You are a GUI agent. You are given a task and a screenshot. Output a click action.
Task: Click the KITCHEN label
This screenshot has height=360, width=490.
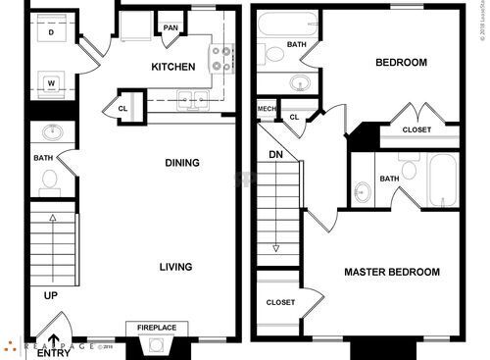pyautogui.click(x=172, y=67)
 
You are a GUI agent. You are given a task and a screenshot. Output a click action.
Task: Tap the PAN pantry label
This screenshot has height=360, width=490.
pyautogui.click(x=171, y=27)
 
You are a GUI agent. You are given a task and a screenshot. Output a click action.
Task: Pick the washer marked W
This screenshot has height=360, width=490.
pyautogui.click(x=50, y=83)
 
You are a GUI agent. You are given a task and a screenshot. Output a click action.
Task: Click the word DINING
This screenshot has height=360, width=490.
pyautogui.click(x=182, y=163)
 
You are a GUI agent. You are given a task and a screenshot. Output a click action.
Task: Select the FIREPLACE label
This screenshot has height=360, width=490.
pyautogui.click(x=156, y=328)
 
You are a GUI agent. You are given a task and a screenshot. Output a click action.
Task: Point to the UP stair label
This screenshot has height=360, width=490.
pyautogui.click(x=49, y=294)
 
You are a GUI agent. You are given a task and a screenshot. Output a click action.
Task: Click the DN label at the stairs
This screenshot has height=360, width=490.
pyautogui.click(x=275, y=154)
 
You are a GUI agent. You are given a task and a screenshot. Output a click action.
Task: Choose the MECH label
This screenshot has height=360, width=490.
pyautogui.click(x=267, y=108)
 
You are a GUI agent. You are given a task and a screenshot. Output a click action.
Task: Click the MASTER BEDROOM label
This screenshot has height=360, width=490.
pyautogui.click(x=391, y=272)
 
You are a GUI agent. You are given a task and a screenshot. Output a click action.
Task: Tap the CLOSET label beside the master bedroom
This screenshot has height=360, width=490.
pyautogui.click(x=280, y=302)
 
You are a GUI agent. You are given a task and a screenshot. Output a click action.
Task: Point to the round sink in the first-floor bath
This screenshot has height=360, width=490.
pyautogui.click(x=50, y=131)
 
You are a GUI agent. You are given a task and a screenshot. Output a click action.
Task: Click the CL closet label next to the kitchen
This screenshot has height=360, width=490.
pyautogui.click(x=123, y=109)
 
